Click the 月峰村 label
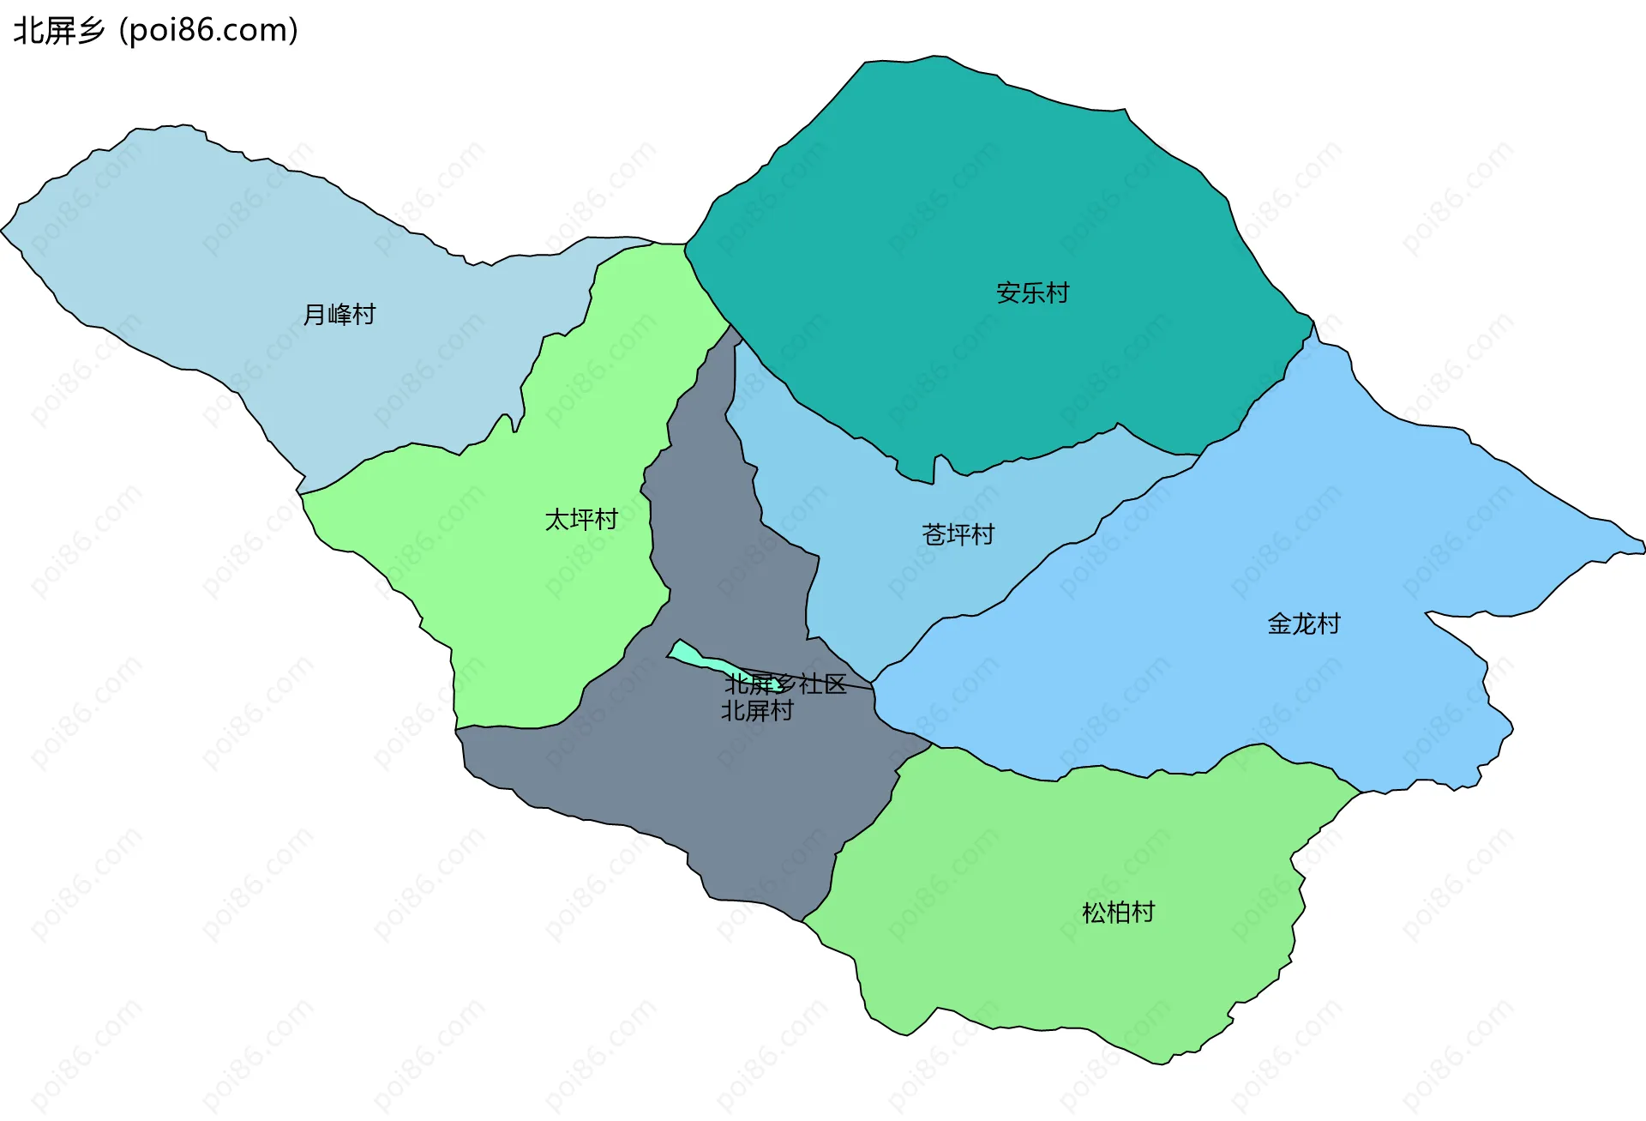point(339,315)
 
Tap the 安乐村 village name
point(1032,293)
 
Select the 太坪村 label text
point(581,520)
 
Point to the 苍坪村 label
point(958,535)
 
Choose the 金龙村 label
point(1303,624)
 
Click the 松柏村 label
point(1118,913)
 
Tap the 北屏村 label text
point(757,711)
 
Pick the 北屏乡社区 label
point(785,684)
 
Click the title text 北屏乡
point(58,31)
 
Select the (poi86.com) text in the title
point(208,31)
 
